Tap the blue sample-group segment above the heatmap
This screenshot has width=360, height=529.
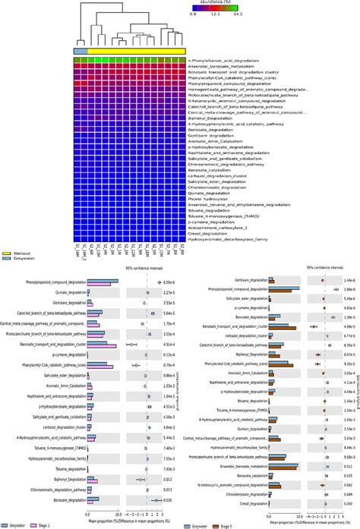(81, 50)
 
